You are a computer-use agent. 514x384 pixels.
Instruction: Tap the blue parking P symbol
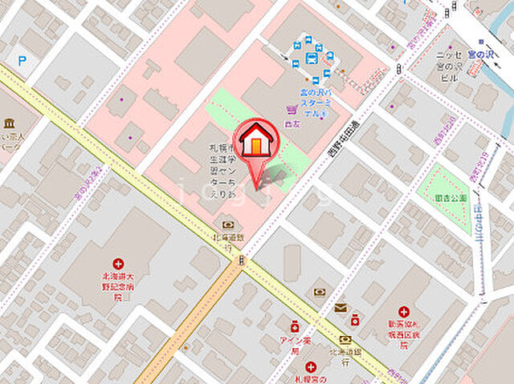22,60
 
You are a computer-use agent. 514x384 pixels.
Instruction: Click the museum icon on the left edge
9,124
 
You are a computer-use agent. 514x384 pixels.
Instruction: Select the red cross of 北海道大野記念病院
118,263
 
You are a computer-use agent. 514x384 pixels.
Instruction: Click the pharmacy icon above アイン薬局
295,327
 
